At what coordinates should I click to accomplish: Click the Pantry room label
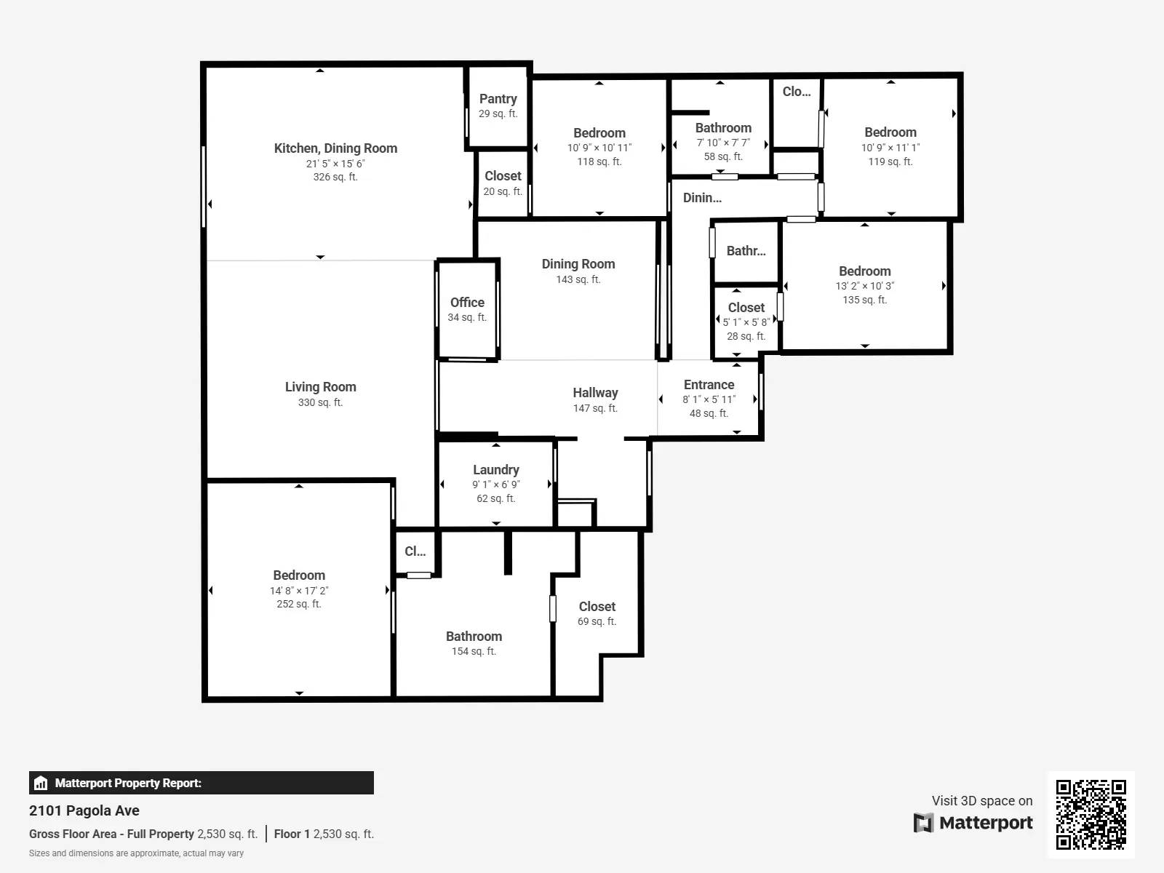coord(498,99)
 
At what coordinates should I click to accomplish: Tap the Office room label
coord(467,303)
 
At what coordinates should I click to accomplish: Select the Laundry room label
coord(496,470)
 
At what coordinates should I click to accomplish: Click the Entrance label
coord(709,385)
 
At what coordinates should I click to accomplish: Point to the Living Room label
coord(320,387)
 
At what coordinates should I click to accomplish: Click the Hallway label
coord(595,393)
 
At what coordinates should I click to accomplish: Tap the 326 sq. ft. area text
coord(335,177)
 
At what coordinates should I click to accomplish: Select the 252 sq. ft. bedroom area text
coord(298,604)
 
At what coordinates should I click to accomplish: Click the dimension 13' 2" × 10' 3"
coord(864,286)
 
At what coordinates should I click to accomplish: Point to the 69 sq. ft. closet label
coord(597,607)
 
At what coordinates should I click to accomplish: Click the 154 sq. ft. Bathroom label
coord(474,637)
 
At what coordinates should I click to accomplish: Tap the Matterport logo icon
coord(923,823)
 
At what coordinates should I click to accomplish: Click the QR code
coord(1091,814)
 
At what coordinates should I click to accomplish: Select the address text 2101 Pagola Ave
coord(84,810)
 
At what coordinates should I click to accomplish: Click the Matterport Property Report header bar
coord(201,783)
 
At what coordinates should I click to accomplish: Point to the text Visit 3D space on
coord(981,800)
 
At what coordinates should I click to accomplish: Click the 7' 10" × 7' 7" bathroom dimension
coord(722,143)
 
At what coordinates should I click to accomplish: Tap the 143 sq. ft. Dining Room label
coord(578,264)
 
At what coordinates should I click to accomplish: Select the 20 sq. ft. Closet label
coord(503,176)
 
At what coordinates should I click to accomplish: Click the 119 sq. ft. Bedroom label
coord(890,132)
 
